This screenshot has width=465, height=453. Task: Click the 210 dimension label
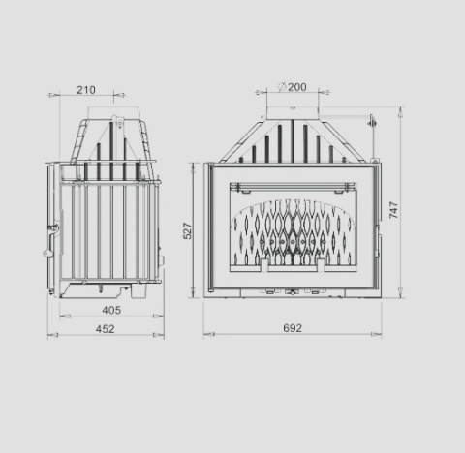(x=86, y=90)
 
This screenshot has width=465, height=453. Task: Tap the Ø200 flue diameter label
(x=292, y=87)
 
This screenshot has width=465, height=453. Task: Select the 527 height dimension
(x=189, y=230)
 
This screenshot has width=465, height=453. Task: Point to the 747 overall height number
(x=393, y=211)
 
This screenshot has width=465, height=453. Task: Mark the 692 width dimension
(x=292, y=328)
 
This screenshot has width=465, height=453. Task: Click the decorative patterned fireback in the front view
(x=292, y=232)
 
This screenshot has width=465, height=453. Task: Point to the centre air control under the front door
(x=292, y=290)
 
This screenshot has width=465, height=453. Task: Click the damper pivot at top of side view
(x=117, y=122)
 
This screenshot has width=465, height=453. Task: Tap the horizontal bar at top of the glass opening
(x=292, y=183)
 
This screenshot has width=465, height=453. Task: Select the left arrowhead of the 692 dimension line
(x=205, y=336)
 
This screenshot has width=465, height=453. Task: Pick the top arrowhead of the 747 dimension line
(x=401, y=109)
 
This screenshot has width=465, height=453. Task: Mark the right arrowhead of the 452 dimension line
(x=162, y=336)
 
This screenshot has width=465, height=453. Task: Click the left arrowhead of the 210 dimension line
(x=51, y=96)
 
